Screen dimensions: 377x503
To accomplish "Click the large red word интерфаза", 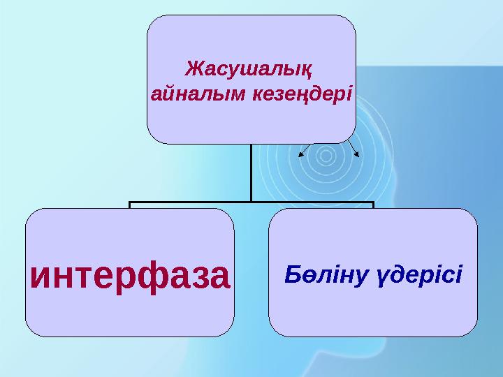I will (130, 275).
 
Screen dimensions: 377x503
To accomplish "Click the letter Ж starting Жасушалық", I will (194, 70).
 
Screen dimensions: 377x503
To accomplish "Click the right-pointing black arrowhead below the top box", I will (357, 153).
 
